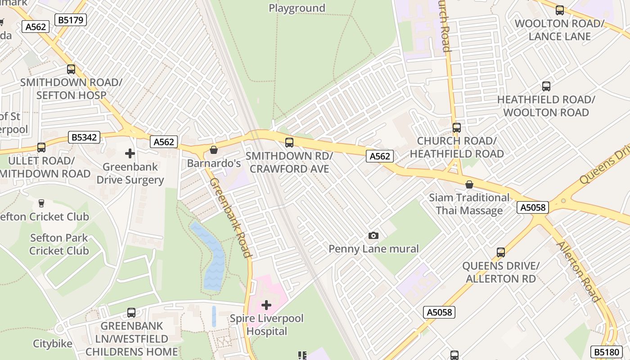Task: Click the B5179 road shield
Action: click(x=70, y=20)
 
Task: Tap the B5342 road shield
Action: click(x=84, y=137)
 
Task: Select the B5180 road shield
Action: click(x=606, y=352)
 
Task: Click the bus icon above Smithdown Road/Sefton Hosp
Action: click(x=71, y=69)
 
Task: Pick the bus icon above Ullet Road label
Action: click(x=41, y=147)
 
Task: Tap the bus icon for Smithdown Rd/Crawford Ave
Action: click(x=289, y=143)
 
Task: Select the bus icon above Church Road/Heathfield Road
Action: click(x=457, y=128)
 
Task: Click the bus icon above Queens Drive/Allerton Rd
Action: click(x=501, y=252)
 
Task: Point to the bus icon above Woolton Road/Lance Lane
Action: click(x=560, y=10)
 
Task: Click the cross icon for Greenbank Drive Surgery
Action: click(x=130, y=153)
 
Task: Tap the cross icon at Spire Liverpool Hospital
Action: click(x=266, y=305)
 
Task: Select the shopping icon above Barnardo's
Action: click(x=214, y=150)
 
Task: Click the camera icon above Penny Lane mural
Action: click(x=373, y=235)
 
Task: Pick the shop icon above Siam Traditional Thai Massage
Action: click(x=469, y=184)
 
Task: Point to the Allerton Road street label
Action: click(x=579, y=272)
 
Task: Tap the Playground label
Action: click(x=297, y=8)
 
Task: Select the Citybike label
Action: click(x=53, y=344)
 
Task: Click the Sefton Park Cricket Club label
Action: click(x=59, y=244)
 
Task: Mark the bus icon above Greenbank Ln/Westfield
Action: click(x=131, y=312)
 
